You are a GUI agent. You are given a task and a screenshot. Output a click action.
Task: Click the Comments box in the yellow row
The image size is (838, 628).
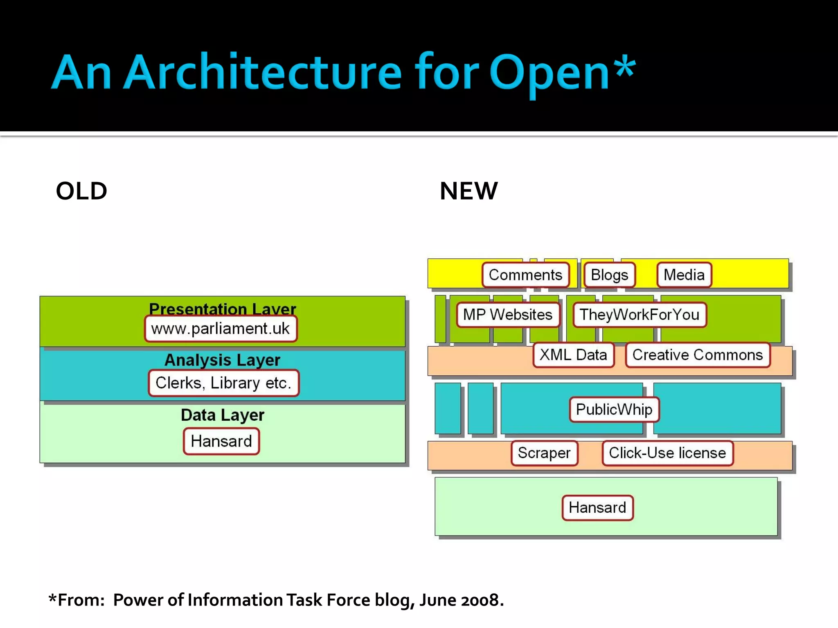[525, 275]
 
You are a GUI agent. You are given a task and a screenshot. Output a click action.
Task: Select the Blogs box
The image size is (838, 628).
[609, 275]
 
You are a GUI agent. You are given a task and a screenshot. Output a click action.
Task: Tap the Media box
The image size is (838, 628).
[684, 275]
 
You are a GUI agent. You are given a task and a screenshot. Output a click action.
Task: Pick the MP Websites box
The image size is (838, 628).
[507, 315]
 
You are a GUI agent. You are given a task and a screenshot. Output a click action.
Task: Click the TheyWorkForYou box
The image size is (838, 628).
[639, 315]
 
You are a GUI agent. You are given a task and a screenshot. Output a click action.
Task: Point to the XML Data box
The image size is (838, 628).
[573, 355]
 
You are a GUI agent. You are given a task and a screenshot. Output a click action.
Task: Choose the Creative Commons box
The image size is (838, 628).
[697, 355]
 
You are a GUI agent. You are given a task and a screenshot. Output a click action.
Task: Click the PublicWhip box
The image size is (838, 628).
[614, 409]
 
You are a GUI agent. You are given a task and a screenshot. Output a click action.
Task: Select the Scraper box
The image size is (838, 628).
[544, 453]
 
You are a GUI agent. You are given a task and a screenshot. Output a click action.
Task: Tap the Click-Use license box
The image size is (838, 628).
[667, 453]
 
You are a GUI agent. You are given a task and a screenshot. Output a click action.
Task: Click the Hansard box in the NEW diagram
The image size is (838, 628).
[597, 508]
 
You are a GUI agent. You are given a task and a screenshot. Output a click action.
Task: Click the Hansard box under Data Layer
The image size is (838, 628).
[221, 442]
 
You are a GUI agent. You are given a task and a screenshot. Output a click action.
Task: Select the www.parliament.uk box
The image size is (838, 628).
[220, 329]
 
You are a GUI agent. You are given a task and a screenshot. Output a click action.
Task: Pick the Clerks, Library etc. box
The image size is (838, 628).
[223, 383]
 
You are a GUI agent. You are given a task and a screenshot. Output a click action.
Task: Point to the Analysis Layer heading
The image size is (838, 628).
[222, 360]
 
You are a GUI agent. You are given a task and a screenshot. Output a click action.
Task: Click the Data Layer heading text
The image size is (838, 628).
[222, 415]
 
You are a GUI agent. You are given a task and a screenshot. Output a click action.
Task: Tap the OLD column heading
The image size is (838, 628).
[81, 191]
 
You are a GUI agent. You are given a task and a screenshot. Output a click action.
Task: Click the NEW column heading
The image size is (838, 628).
[469, 191]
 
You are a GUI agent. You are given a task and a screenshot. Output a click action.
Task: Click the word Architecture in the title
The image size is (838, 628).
[262, 73]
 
